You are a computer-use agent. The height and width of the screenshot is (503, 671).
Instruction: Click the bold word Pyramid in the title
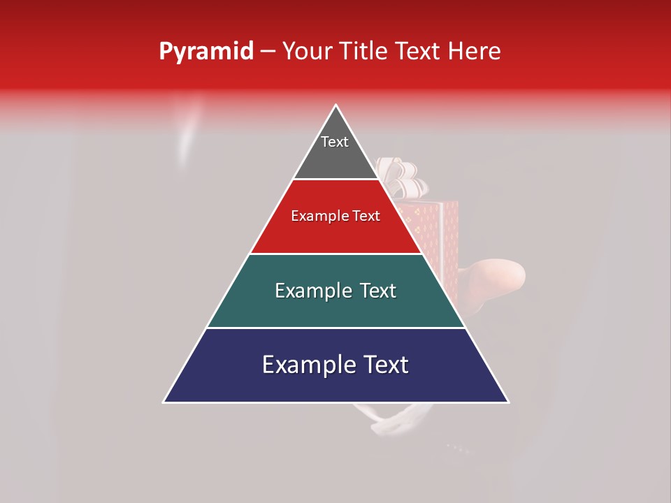pyautogui.click(x=206, y=51)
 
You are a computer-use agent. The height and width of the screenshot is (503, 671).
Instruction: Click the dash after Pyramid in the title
pyautogui.click(x=268, y=52)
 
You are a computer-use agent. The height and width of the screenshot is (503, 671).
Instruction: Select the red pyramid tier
pyautogui.click(x=335, y=234)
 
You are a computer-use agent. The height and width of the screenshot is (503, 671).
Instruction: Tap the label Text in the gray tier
pyautogui.click(x=335, y=142)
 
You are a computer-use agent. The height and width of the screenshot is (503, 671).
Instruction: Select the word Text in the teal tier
pyautogui.click(x=377, y=291)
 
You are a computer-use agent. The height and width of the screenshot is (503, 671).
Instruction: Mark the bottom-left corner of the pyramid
pyautogui.click(x=164, y=402)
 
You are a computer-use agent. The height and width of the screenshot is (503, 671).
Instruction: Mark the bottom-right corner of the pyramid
pyautogui.click(x=508, y=402)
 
